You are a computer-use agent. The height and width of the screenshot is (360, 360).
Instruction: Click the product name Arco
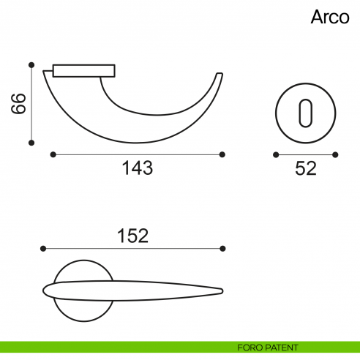click(330, 17)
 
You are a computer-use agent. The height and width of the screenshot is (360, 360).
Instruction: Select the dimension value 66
click(18, 103)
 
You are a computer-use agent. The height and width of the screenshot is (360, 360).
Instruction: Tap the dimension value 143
click(137, 168)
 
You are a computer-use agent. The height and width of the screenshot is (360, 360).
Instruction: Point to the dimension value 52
click(305, 168)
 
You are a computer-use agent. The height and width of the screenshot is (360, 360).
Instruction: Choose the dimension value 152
click(132, 236)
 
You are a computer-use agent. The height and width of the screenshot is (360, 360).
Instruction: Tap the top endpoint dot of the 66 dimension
click(31, 65)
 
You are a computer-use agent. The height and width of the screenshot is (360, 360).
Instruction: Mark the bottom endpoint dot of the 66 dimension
click(31, 142)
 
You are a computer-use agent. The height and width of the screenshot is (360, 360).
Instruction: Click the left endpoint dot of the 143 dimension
click(53, 154)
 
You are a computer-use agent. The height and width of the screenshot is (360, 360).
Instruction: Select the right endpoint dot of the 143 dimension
click(222, 154)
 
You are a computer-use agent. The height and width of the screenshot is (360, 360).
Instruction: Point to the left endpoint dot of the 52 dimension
click(276, 154)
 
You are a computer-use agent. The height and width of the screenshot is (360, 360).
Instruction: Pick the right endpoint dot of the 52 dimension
click(335, 154)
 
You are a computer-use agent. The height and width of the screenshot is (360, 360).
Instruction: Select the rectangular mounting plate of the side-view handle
click(85, 70)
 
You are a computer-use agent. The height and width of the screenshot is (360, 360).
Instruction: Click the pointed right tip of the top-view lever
click(222, 290)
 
